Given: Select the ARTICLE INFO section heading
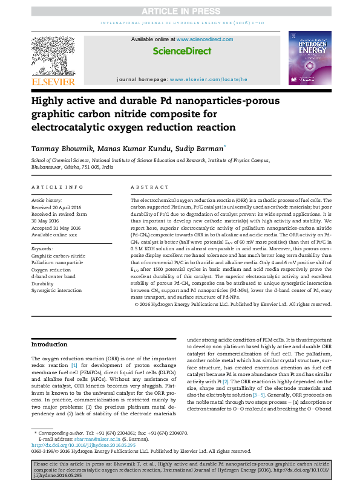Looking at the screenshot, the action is [x=57, y=187].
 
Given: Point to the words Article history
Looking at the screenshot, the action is [x=47, y=199].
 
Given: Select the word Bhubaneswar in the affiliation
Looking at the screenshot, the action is [x=47, y=167].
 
